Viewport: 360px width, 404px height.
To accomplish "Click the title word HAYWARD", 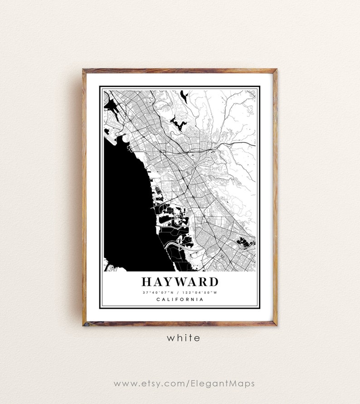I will (x=180, y=282).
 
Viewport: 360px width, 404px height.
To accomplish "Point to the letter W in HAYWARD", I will (x=185, y=282).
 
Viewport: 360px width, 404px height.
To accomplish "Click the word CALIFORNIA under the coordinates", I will (x=180, y=299).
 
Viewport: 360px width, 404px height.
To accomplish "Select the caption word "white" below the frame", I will (x=183, y=338).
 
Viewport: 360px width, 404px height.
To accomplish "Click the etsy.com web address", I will (x=184, y=384).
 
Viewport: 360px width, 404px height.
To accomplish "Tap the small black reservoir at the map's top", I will (x=184, y=96).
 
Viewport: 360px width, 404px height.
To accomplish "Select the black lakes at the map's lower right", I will (x=245, y=243).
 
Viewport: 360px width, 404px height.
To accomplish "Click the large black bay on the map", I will (x=125, y=204).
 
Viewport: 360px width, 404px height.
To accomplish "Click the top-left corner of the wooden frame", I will (x=83, y=70).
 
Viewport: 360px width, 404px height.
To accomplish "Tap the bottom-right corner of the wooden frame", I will (x=276, y=325).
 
